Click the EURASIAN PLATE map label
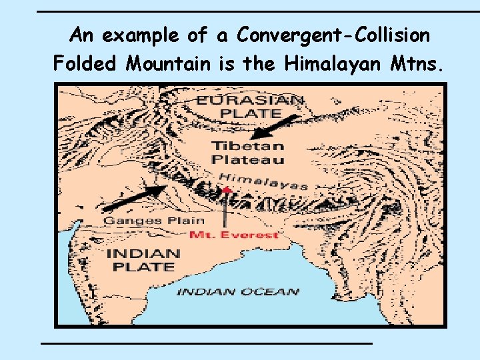pos(250,107)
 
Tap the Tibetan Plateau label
pos(247,153)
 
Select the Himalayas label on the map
pos(263,180)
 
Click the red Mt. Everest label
pos(233,235)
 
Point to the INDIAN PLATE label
pos(143,260)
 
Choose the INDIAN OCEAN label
pos(238,291)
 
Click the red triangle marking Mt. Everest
pos(227,190)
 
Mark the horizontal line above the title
pos(257,12)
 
